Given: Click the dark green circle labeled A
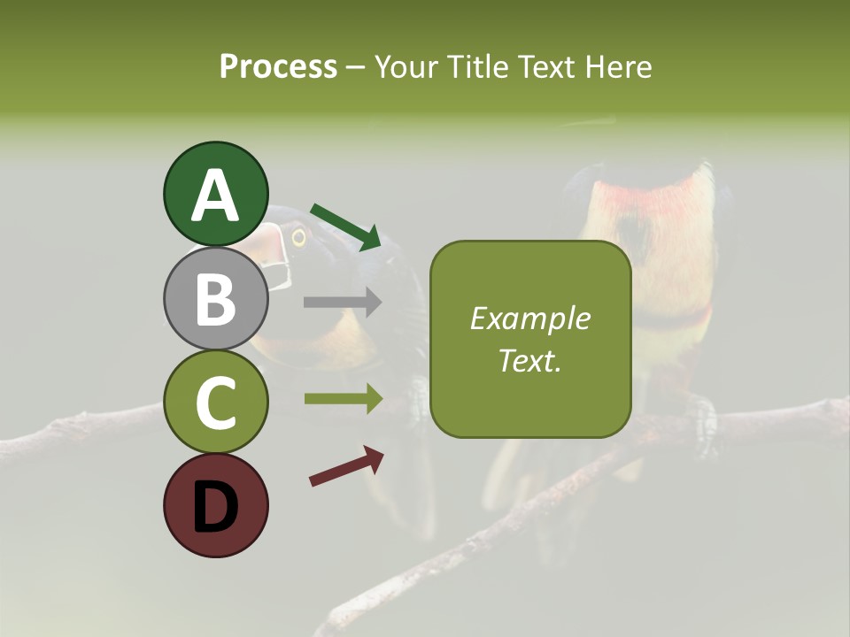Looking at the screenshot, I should [x=215, y=194].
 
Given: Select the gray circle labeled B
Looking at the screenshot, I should [x=215, y=298].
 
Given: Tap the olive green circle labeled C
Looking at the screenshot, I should [x=215, y=402].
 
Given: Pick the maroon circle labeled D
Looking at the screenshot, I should [x=215, y=505].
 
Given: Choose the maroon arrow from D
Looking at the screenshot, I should [x=346, y=466].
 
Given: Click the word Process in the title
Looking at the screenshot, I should [x=278, y=66].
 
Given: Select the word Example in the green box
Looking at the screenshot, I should [x=529, y=318].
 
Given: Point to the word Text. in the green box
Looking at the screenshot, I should [x=529, y=360].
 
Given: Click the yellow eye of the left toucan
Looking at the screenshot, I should [x=298, y=236].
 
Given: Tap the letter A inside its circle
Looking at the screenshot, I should [x=215, y=196].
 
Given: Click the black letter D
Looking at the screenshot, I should [x=215, y=507].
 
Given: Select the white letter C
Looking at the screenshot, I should [x=215, y=403].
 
